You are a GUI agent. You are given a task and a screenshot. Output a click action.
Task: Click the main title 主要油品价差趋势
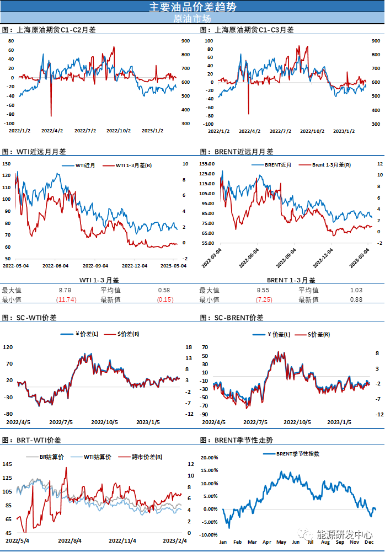pos(192,7)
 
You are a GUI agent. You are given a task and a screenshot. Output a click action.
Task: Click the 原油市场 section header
pos(192,18)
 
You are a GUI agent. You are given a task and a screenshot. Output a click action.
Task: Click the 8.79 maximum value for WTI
pos(65,290)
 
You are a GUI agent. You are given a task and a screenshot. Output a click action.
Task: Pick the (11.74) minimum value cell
pos(66,299)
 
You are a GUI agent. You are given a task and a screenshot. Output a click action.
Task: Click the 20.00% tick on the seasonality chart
pos(209,458)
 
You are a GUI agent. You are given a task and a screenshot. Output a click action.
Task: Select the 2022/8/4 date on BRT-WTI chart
pos(70,541)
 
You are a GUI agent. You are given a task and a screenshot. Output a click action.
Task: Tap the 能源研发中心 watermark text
pos(344,534)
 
